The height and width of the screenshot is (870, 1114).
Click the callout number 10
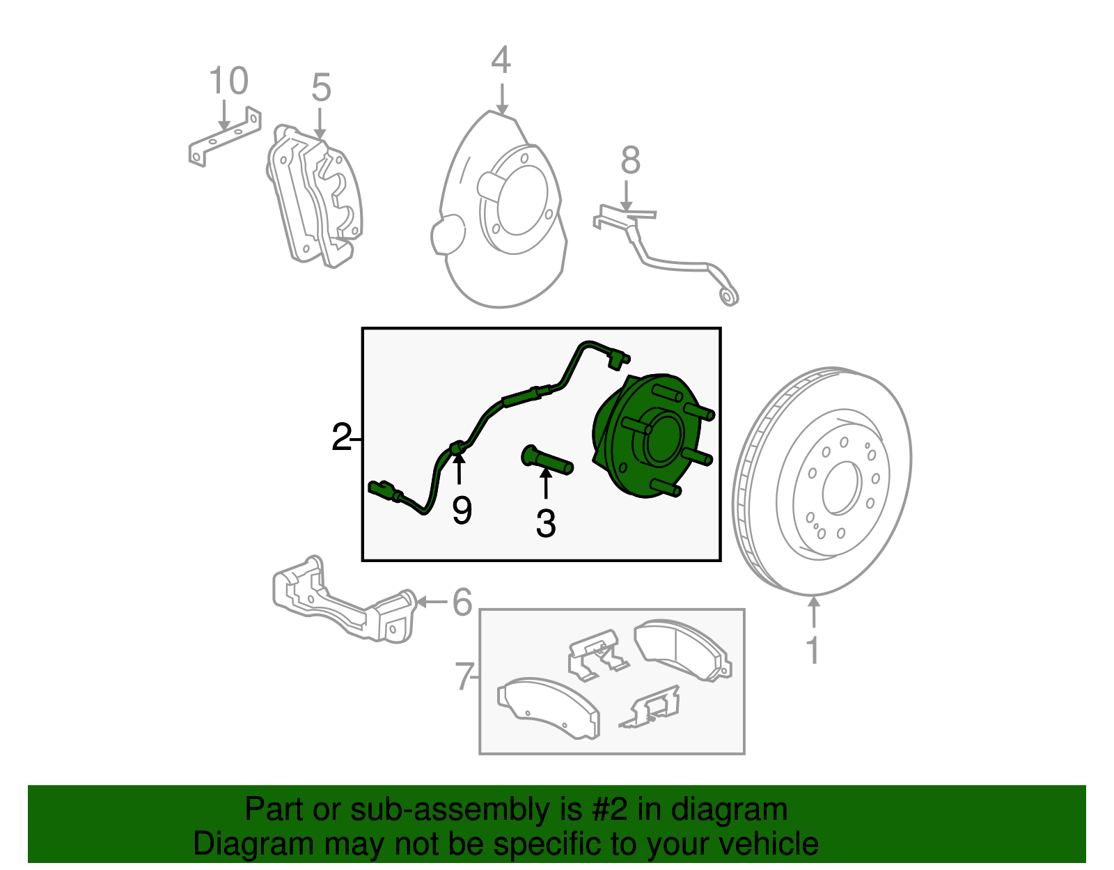click(x=228, y=81)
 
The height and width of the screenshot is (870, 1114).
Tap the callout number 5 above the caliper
click(x=320, y=88)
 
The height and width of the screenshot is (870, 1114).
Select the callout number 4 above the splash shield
click(x=501, y=61)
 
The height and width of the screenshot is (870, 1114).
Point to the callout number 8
click(x=630, y=161)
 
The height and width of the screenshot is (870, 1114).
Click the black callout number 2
click(x=341, y=437)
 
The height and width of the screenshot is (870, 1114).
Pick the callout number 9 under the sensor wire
click(x=462, y=511)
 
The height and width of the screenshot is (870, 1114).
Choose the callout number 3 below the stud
click(x=546, y=524)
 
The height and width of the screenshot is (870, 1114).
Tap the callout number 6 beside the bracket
click(x=462, y=603)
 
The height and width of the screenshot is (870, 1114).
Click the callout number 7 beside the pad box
click(x=464, y=676)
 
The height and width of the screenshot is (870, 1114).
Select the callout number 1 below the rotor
click(x=813, y=651)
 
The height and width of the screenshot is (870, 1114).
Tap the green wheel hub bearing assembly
click(x=651, y=437)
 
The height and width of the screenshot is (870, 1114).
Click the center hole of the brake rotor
click(x=842, y=488)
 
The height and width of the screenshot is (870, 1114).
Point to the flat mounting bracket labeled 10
click(x=224, y=138)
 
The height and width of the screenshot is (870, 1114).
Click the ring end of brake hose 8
click(x=728, y=297)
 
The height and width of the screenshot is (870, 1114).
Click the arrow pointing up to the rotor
click(x=813, y=613)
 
